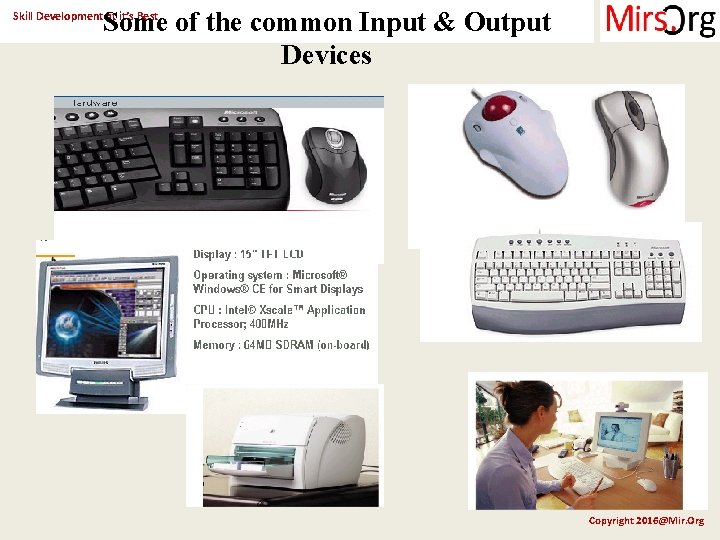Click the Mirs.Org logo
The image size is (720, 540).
pos(659,21)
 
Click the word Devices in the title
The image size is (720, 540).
pos(326,55)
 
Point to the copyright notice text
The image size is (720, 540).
pos(646,520)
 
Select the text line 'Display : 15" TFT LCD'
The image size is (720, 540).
pos(248,254)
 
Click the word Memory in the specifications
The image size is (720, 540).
pos(215,345)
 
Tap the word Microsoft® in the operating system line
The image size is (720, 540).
pos(313,275)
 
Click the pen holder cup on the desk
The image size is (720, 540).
pos(671,466)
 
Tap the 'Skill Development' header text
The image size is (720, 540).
pos(56,16)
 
